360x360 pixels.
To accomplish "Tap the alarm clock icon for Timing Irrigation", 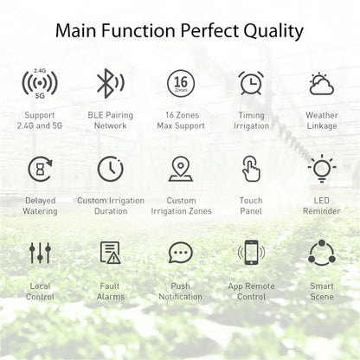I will [251, 84].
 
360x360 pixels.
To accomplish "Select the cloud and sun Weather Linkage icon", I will [322, 84].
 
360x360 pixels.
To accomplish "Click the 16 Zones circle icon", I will [180, 84].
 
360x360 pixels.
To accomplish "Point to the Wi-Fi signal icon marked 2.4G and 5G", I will [40, 84].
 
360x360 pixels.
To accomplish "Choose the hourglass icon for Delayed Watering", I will [40, 168].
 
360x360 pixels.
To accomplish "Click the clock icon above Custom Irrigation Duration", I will [110, 168].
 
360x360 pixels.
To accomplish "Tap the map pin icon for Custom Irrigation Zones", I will [180, 168].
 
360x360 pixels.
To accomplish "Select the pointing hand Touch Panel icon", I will [251, 167].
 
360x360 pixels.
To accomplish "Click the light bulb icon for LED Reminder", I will [322, 167].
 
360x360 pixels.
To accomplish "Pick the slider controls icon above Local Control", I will [40, 253].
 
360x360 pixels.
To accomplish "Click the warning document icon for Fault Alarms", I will [110, 252].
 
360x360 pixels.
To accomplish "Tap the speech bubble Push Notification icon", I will [180, 253].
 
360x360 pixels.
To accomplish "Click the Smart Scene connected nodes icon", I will [322, 253].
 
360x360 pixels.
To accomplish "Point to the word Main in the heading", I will [80, 31].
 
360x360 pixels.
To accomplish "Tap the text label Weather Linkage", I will [322, 120].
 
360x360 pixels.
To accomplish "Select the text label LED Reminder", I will [322, 205].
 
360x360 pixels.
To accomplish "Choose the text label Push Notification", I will [180, 291].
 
